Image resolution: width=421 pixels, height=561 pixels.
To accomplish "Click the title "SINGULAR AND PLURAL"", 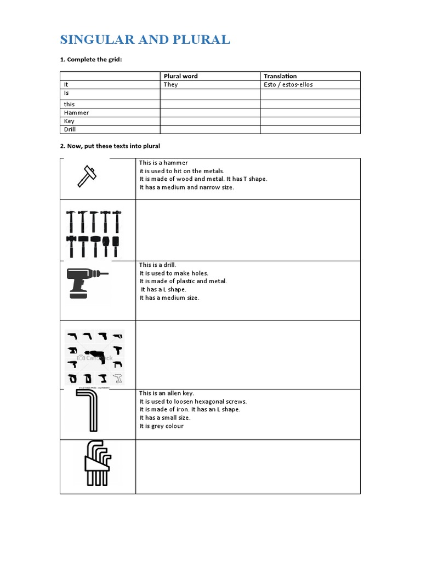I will click(145, 40).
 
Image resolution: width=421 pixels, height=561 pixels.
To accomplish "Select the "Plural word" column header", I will click(180, 76).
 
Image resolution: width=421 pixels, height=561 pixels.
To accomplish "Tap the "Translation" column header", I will click(280, 76).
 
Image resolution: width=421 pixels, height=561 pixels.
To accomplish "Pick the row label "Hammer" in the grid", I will click(76, 112).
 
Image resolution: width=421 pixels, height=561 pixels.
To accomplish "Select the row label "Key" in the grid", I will click(69, 121).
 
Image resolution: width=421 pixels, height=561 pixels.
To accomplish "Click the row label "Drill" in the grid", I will click(70, 129).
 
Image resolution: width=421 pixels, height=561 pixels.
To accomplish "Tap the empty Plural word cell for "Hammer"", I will click(210, 112).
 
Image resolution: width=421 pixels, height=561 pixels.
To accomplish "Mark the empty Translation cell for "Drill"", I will click(310, 129).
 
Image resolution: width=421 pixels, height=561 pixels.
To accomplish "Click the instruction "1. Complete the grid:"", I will click(90, 59).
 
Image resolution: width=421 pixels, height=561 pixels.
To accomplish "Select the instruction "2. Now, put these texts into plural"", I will click(110, 146).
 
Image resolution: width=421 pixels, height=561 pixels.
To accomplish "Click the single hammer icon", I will click(88, 176).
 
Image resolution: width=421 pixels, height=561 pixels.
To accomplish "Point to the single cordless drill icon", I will click(86, 282).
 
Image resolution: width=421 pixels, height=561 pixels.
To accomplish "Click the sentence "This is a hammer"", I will click(163, 163).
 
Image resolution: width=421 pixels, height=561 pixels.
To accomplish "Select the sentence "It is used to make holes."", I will click(174, 273).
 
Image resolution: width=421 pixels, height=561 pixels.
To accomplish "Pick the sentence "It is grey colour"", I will click(161, 426).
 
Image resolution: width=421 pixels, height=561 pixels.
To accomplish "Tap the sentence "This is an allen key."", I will click(167, 393).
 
